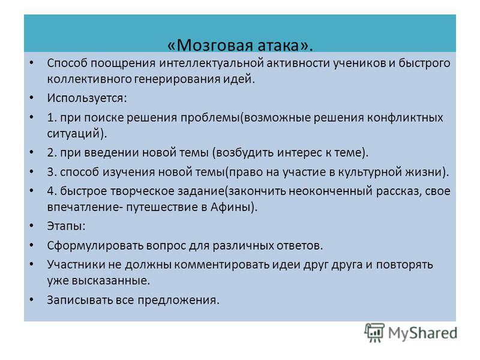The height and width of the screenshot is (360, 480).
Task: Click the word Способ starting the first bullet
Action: click(67, 64)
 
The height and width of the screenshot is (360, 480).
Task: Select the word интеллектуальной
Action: click(211, 64)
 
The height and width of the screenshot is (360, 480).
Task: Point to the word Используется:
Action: click(87, 98)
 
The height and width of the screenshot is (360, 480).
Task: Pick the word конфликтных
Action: click(404, 118)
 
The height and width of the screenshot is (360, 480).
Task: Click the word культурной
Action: click(370, 172)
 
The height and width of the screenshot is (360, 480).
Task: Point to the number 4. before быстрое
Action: click(52, 191)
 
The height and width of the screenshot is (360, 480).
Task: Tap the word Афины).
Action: click(234, 207)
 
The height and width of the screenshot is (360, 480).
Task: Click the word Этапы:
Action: click(66, 226)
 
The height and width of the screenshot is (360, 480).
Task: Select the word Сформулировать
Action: click(95, 245)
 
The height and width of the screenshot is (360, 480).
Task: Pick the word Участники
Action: click(76, 265)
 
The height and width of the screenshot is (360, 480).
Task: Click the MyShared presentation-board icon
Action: click(374, 333)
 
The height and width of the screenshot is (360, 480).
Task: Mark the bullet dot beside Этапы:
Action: click(32, 226)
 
